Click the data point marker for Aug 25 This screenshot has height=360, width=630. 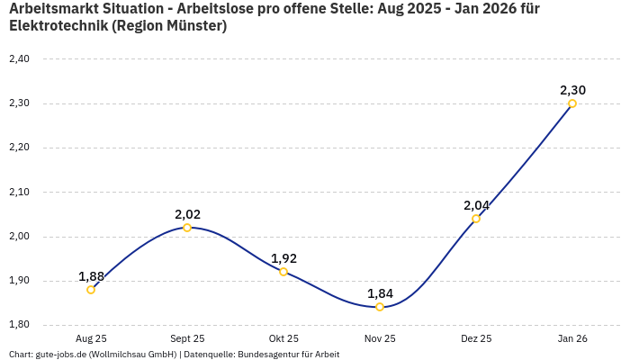pos(91,290)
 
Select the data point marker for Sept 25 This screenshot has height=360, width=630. pos(187,228)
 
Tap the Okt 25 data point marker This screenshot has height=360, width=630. pos(283,272)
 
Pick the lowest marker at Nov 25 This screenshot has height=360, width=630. pos(380,307)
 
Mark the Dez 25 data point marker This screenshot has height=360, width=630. pos(476,219)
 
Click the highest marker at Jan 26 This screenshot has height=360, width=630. pos(572,103)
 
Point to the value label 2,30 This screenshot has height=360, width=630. pos(572,90)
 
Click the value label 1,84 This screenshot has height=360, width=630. pos(380,293)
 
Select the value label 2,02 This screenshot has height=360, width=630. pos(187,214)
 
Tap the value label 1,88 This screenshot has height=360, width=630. pos(91,276)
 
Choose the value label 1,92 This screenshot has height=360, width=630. pos(283,258)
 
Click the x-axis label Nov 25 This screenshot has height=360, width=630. pos(380,338)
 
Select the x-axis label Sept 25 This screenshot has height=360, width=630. pos(187,338)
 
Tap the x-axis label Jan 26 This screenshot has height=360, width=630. pos(572,338)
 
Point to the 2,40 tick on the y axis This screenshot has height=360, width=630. pos(19,59)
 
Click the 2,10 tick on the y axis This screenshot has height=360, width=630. pos(19,192)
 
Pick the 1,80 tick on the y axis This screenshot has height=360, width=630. pos(19,325)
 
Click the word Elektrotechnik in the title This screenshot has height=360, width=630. pos(58,26)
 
